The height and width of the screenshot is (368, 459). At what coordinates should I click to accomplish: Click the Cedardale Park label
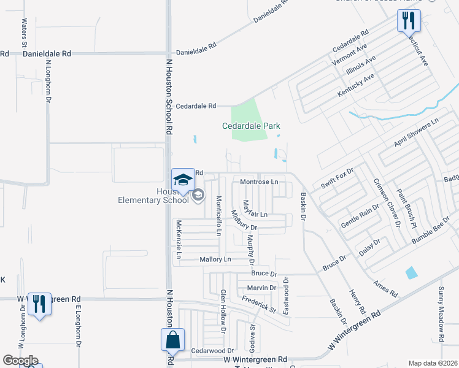pyautogui.click(x=251, y=126)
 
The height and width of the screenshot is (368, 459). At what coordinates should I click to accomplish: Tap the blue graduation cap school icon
pyautogui.click(x=182, y=178)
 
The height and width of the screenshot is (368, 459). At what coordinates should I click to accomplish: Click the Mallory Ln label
pyautogui.click(x=215, y=260)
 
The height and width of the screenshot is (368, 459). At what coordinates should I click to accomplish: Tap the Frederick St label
pyautogui.click(x=258, y=305)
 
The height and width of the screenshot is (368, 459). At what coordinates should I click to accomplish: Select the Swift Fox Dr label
pyautogui.click(x=333, y=178)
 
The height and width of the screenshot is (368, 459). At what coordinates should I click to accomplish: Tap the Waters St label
pyautogui.click(x=25, y=33)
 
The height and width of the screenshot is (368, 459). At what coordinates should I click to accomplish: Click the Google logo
pyautogui.click(x=20, y=361)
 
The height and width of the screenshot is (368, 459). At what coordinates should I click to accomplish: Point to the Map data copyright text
pyautogui.click(x=432, y=363)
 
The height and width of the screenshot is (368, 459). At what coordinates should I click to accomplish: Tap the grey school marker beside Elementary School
pyautogui.click(x=198, y=196)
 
